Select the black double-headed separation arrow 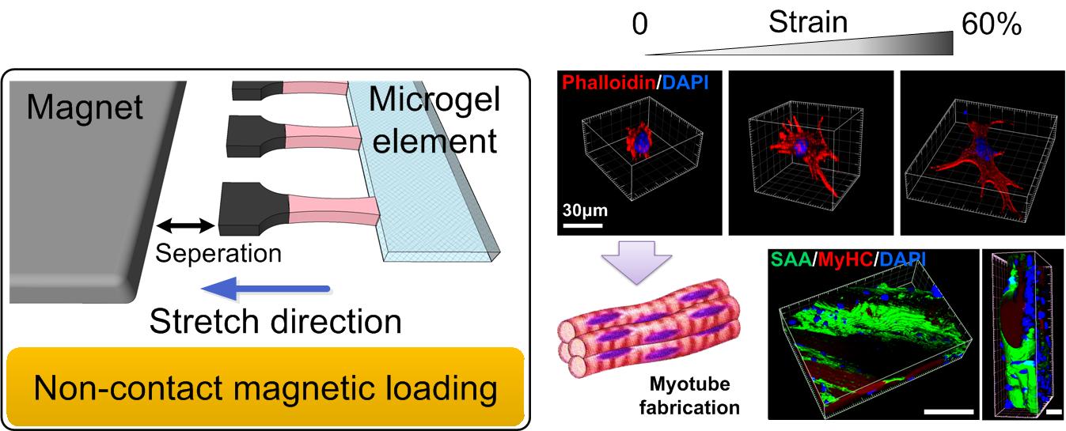(x=185, y=227)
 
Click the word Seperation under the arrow (x=218, y=254)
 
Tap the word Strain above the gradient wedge (x=807, y=21)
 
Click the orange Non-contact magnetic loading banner (x=265, y=388)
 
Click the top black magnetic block (x=252, y=90)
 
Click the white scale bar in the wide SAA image (x=947, y=410)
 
